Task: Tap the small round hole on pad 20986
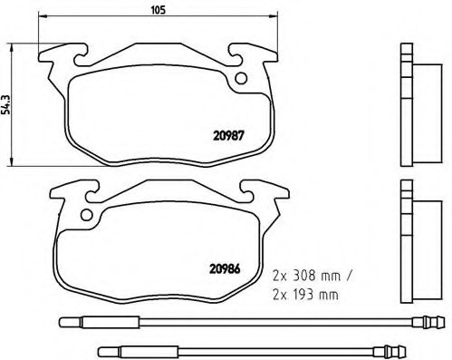[88, 216]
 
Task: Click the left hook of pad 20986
[82, 190]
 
